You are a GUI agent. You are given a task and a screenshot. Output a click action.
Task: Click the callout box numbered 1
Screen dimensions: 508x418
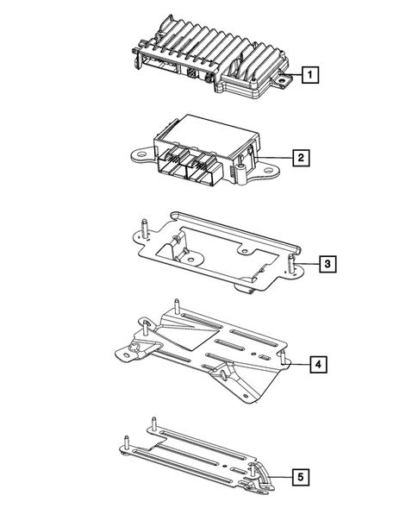[309, 76]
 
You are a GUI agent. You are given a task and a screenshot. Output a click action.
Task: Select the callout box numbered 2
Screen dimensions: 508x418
[299, 158]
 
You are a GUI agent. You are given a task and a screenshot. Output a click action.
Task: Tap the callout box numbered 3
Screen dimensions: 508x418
[325, 262]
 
